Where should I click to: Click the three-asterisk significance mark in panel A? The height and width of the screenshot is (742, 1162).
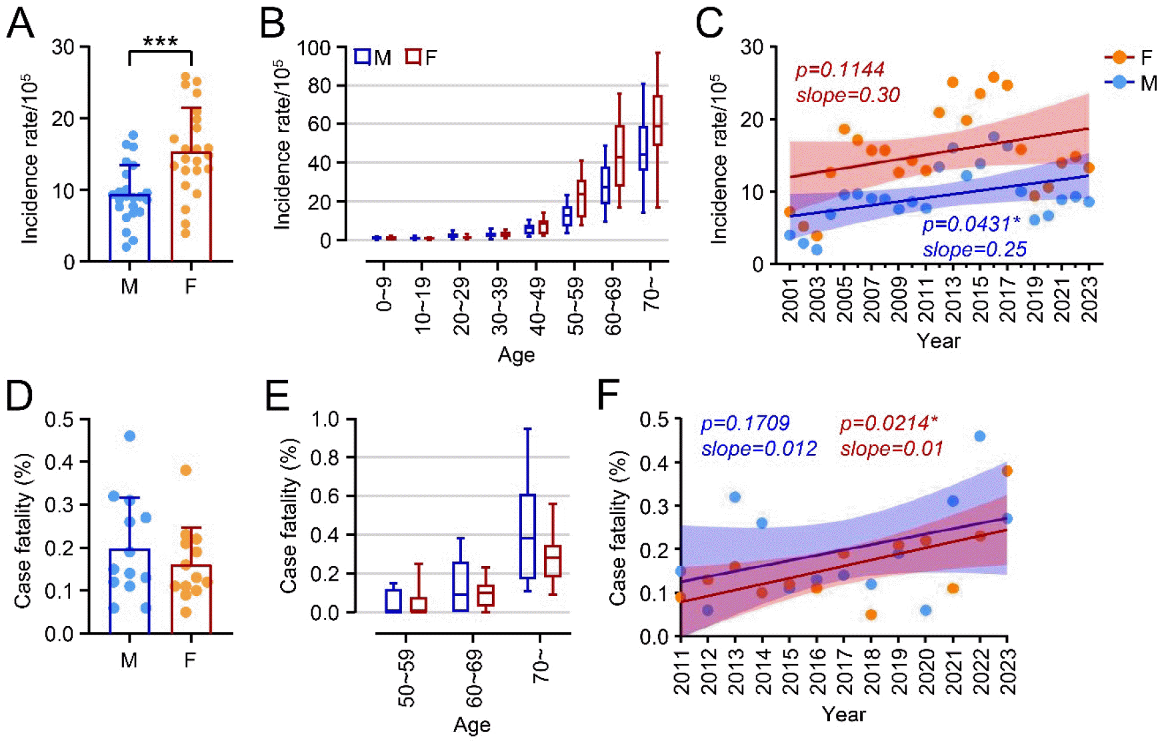tap(161, 41)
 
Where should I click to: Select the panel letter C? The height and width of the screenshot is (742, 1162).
tap(709, 23)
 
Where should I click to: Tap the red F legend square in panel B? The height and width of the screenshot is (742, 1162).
tap(413, 57)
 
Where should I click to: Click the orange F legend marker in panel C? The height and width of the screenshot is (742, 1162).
tap(1119, 57)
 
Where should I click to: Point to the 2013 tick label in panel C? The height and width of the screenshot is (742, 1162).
tap(953, 300)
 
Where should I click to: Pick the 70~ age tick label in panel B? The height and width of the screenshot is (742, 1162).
tap(651, 294)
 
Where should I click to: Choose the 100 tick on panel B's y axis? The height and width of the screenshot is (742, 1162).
tap(313, 48)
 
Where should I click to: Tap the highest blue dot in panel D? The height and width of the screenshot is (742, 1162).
tap(130, 436)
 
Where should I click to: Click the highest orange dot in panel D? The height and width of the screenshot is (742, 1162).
tap(186, 471)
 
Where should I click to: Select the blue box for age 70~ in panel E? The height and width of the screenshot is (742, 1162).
tap(527, 536)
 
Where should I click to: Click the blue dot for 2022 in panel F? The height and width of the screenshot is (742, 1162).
tap(980, 436)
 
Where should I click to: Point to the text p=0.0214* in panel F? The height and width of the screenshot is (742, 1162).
tap(889, 423)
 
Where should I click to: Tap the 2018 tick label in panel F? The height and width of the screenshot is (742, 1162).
tap(871, 671)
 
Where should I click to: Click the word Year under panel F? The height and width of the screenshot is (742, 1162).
tap(843, 715)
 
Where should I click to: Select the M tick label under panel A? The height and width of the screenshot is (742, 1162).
tap(129, 287)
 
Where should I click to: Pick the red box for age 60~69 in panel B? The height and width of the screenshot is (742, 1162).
tap(619, 155)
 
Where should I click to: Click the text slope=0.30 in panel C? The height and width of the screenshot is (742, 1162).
tap(848, 95)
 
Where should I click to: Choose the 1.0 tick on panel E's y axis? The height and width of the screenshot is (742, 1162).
tap(325, 419)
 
